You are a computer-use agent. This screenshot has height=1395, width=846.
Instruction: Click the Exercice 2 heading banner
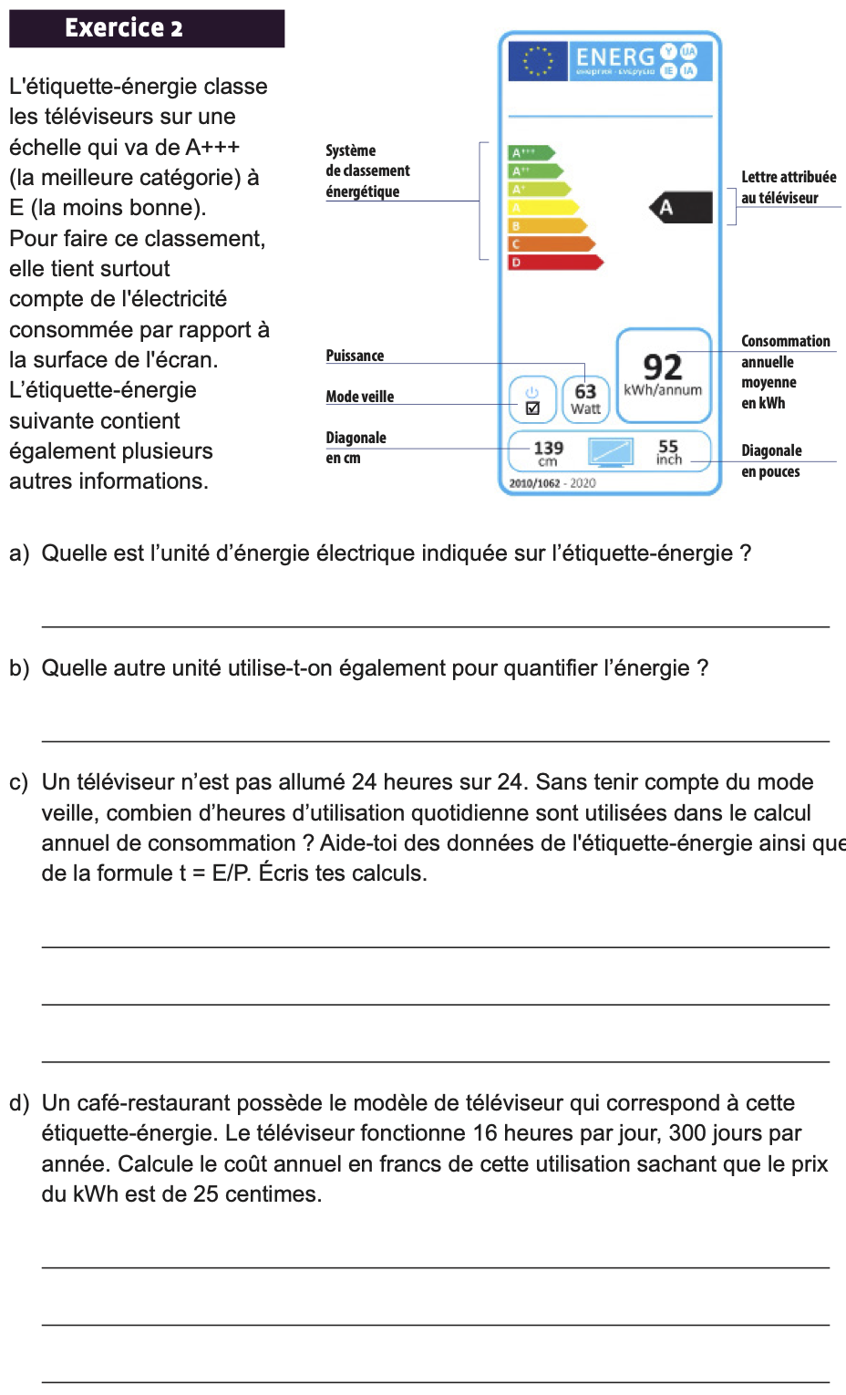(147, 28)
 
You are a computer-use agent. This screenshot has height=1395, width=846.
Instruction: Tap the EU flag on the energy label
(538, 61)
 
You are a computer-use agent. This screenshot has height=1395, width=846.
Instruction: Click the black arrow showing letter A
(681, 208)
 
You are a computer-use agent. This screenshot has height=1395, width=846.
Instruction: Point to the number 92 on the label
(663, 367)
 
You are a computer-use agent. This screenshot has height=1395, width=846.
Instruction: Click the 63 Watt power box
(585, 398)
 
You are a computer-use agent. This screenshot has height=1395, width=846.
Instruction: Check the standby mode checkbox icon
(533, 408)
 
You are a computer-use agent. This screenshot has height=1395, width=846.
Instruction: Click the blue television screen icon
(610, 451)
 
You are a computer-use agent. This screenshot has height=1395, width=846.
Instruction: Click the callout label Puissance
(355, 356)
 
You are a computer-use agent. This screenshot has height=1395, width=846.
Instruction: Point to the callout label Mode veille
(360, 397)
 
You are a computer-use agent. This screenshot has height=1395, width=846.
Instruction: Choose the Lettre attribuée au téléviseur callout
(788, 187)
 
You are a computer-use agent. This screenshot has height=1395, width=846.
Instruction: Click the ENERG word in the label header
(615, 57)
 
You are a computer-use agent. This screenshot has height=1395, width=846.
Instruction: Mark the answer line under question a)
(435, 625)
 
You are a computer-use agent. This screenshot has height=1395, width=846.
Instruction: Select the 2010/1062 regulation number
(534, 483)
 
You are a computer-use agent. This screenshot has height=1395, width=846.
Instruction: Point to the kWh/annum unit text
(663, 390)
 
